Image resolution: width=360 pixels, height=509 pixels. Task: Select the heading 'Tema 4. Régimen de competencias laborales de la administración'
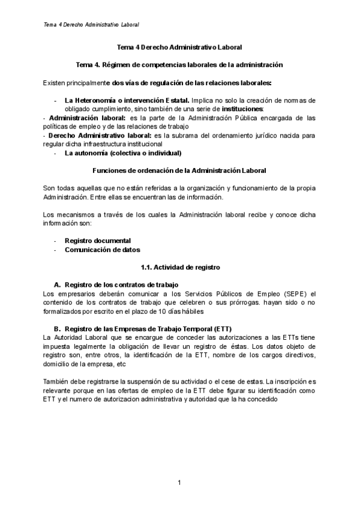coord(180,64)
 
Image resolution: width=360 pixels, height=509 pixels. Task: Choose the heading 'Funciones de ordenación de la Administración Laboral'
coord(180,171)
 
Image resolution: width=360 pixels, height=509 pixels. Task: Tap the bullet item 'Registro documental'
coord(98,241)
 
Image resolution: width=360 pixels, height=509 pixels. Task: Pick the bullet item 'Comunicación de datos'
coord(102,250)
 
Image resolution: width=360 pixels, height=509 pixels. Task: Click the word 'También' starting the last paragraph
coord(56,382)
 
